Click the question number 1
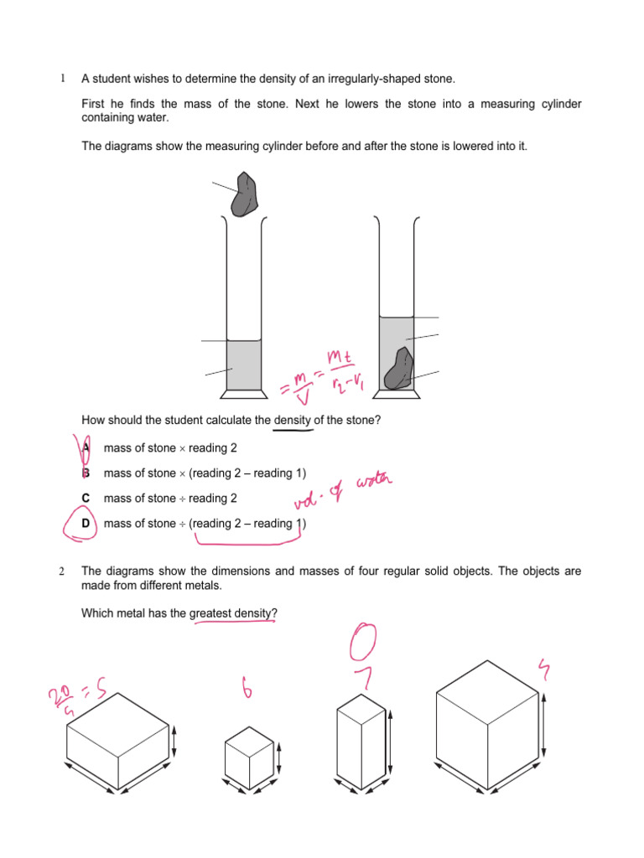pos(61,79)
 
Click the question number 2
pos(61,571)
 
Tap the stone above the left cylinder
pos(246,194)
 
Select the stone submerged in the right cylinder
pos(399,370)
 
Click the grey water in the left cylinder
pos(244,364)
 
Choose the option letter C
pos(86,499)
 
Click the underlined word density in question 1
pos(293,420)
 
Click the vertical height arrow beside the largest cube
pos(545,726)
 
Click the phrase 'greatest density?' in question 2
pos(233,613)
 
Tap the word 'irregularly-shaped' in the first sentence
pos(360,79)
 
